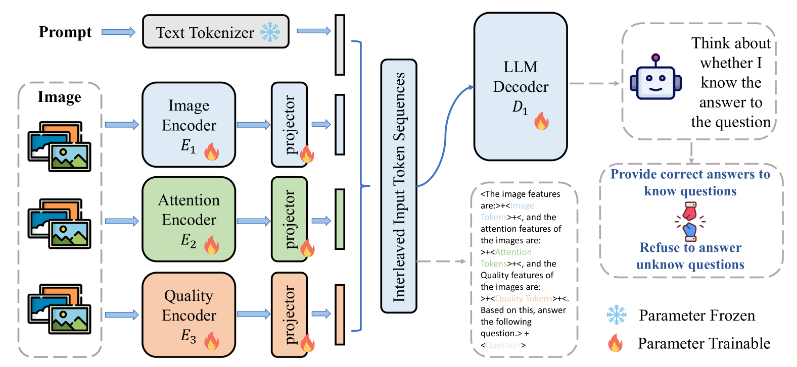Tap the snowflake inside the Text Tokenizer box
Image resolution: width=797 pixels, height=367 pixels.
(x=270, y=32)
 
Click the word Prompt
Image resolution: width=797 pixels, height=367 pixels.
(x=65, y=32)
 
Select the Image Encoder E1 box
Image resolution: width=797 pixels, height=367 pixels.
(x=189, y=125)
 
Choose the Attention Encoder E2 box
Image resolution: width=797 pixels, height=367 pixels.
(x=189, y=219)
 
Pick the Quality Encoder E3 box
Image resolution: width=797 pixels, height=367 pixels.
(x=189, y=314)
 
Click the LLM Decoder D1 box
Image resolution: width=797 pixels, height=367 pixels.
(x=521, y=86)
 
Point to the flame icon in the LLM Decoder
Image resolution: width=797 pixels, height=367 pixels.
(x=541, y=121)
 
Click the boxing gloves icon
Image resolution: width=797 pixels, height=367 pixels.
(x=690, y=221)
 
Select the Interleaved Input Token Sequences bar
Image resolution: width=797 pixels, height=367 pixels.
(x=399, y=186)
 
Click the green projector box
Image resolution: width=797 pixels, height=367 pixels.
(x=289, y=219)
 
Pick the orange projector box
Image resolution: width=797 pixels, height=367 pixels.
(x=289, y=314)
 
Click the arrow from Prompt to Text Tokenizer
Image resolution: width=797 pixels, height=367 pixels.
(x=118, y=32)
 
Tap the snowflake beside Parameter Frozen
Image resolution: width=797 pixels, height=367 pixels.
(x=617, y=315)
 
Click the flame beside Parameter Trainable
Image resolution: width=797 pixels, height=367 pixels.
(x=615, y=343)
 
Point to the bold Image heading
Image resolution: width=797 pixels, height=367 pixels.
(x=59, y=97)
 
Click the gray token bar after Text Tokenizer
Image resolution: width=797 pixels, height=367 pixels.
(x=340, y=45)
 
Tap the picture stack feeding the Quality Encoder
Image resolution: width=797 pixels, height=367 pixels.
(x=59, y=308)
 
